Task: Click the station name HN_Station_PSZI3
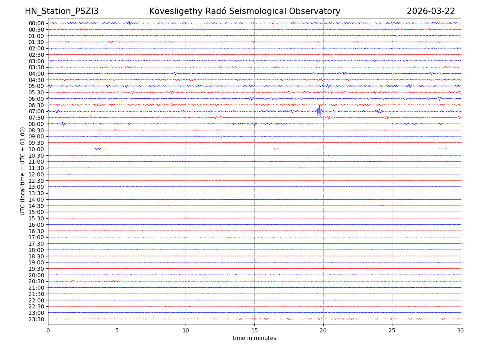(x=62, y=12)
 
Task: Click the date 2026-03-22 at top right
(x=431, y=12)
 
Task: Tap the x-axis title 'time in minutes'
(x=254, y=338)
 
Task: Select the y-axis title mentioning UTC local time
(x=23, y=171)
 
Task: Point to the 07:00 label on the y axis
(x=36, y=111)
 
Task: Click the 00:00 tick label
(x=36, y=23)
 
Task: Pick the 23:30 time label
(x=36, y=319)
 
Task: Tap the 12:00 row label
(x=36, y=174)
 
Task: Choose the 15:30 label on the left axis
(x=36, y=218)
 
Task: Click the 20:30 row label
(x=36, y=282)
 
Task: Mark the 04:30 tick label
(x=36, y=80)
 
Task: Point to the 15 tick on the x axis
(x=254, y=330)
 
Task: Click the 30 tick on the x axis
(x=461, y=330)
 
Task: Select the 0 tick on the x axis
(x=48, y=330)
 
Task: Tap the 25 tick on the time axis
(x=392, y=330)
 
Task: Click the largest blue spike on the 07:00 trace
(x=318, y=111)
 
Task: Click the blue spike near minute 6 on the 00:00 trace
(x=129, y=23)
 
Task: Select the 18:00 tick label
(x=36, y=250)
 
